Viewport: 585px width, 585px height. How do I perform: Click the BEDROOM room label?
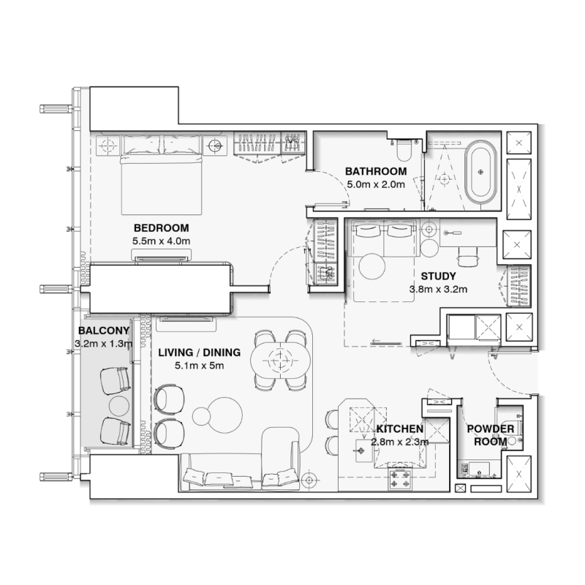tap(161, 227)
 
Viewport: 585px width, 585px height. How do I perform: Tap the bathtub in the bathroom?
tap(481, 175)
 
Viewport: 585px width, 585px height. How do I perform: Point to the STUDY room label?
tap(438, 276)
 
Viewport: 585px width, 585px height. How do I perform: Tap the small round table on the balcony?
tap(118, 406)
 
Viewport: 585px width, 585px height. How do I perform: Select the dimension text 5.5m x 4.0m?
tap(161, 241)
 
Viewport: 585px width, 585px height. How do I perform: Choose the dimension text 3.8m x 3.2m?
tap(438, 289)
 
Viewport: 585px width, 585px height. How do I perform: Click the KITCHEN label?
tap(400, 429)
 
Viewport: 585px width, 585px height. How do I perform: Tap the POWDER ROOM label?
tap(487, 435)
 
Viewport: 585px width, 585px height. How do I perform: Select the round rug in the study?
tap(374, 267)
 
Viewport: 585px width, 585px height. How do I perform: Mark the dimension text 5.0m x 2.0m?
tap(375, 184)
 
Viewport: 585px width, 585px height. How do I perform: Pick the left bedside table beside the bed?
tap(107, 145)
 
